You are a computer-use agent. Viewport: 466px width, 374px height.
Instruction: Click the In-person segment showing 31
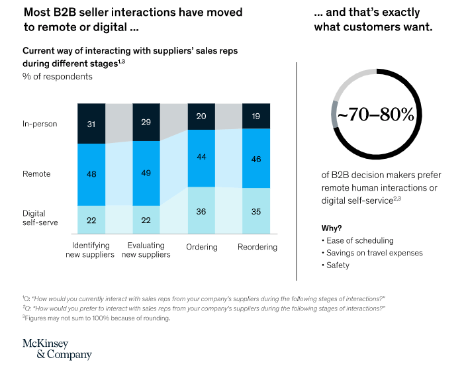point(91,123)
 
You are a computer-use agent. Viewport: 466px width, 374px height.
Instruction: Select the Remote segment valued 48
point(91,174)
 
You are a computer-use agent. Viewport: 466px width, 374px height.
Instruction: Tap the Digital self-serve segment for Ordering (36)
point(201,210)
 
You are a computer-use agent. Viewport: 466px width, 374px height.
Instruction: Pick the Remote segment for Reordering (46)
point(256,159)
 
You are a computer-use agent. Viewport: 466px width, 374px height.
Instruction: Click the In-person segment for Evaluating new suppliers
point(146,122)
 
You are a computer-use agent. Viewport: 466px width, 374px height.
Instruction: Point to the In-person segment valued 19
point(256,116)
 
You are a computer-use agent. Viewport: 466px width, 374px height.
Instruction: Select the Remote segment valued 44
point(201,158)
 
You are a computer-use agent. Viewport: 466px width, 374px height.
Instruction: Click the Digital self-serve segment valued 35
point(256,211)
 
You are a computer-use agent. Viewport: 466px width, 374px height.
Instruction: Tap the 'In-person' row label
point(39,123)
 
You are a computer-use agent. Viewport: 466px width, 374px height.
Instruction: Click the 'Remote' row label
point(36,174)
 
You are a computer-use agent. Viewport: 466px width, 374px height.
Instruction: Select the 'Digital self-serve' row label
point(40,218)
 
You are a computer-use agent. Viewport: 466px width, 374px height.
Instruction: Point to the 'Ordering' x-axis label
point(201,247)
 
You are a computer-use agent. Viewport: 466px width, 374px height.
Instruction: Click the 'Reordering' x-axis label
point(257,247)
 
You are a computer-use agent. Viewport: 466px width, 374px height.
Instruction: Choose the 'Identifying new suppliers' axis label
point(91,250)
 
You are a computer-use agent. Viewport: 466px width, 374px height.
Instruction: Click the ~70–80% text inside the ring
point(375,115)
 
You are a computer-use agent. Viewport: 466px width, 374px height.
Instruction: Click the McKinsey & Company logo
point(57,349)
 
